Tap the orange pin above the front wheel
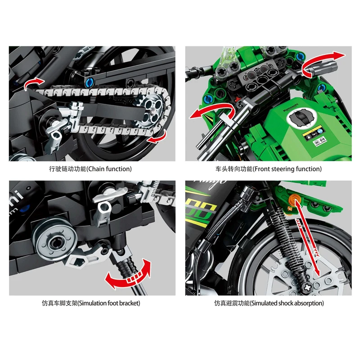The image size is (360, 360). tap(296, 199)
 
